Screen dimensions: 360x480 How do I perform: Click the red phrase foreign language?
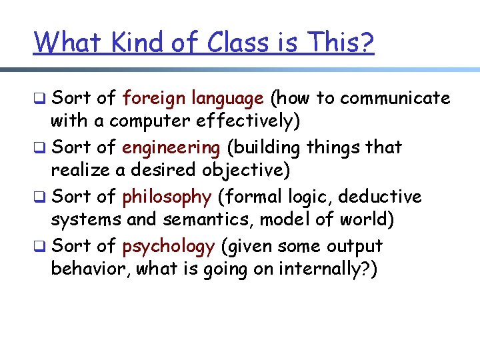pyautogui.click(x=193, y=99)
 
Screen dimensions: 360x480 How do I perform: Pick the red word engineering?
pyautogui.click(x=171, y=147)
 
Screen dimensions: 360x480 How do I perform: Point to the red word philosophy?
pyautogui.click(x=167, y=197)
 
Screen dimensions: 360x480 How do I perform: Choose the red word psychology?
pyautogui.click(x=169, y=246)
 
